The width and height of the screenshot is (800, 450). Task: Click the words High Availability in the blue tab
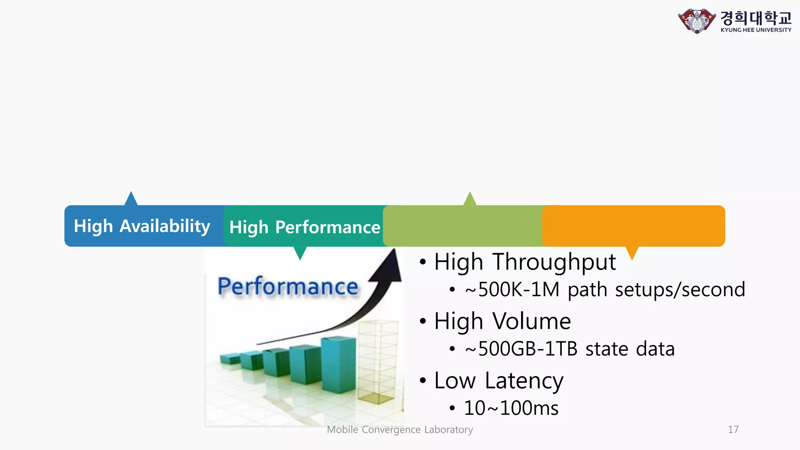142,226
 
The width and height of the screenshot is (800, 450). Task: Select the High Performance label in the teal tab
304,227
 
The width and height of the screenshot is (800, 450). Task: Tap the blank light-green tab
463,226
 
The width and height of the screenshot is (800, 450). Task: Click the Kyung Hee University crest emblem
697,21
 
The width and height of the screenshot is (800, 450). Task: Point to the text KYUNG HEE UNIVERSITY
756,30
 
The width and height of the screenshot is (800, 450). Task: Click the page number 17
733,430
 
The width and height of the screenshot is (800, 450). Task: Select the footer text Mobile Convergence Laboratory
400,430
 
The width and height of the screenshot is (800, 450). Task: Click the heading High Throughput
525,262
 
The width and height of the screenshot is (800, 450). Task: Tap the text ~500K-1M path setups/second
605,290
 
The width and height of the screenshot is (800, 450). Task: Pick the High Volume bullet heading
502,321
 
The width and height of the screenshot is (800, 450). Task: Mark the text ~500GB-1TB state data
570,349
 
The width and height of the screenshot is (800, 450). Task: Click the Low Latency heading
498,381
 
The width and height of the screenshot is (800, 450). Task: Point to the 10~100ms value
511,408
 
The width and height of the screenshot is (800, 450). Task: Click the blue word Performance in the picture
288,287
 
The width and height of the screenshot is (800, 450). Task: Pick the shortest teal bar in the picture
230,358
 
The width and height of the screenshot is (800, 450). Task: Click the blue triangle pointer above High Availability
131,199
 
